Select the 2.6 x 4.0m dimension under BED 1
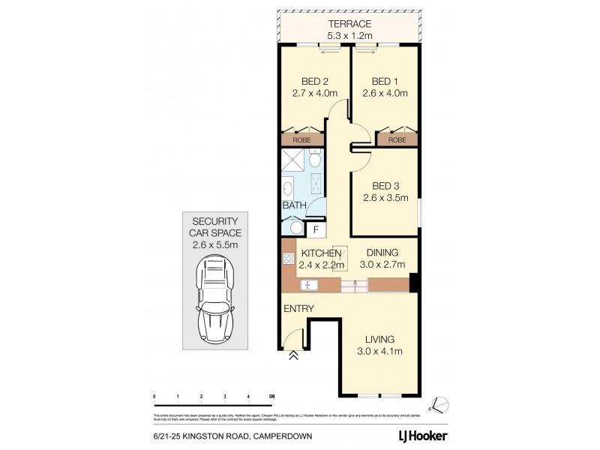click(x=389, y=94)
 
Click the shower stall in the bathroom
click(x=293, y=161)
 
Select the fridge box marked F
click(x=316, y=229)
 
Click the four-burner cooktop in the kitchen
click(x=289, y=259)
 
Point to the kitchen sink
click(x=309, y=286)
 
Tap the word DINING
click(x=382, y=253)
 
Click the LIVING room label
click(x=376, y=338)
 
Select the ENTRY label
click(x=298, y=308)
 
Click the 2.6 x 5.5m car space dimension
click(x=215, y=244)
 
